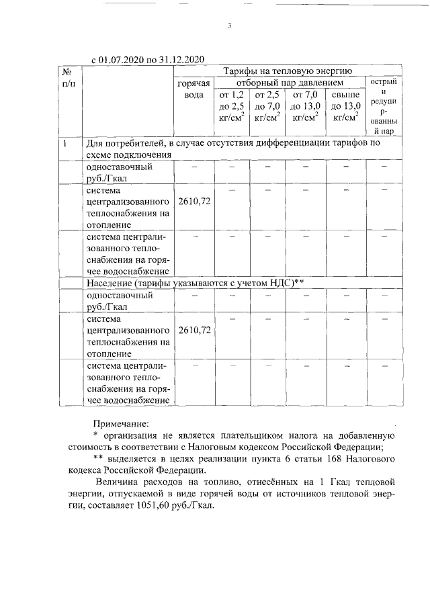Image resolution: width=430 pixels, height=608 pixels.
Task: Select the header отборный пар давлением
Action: coord(290,81)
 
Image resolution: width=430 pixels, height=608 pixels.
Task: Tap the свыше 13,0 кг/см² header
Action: coord(345,105)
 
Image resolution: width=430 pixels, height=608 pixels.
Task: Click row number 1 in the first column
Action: coord(65,143)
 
